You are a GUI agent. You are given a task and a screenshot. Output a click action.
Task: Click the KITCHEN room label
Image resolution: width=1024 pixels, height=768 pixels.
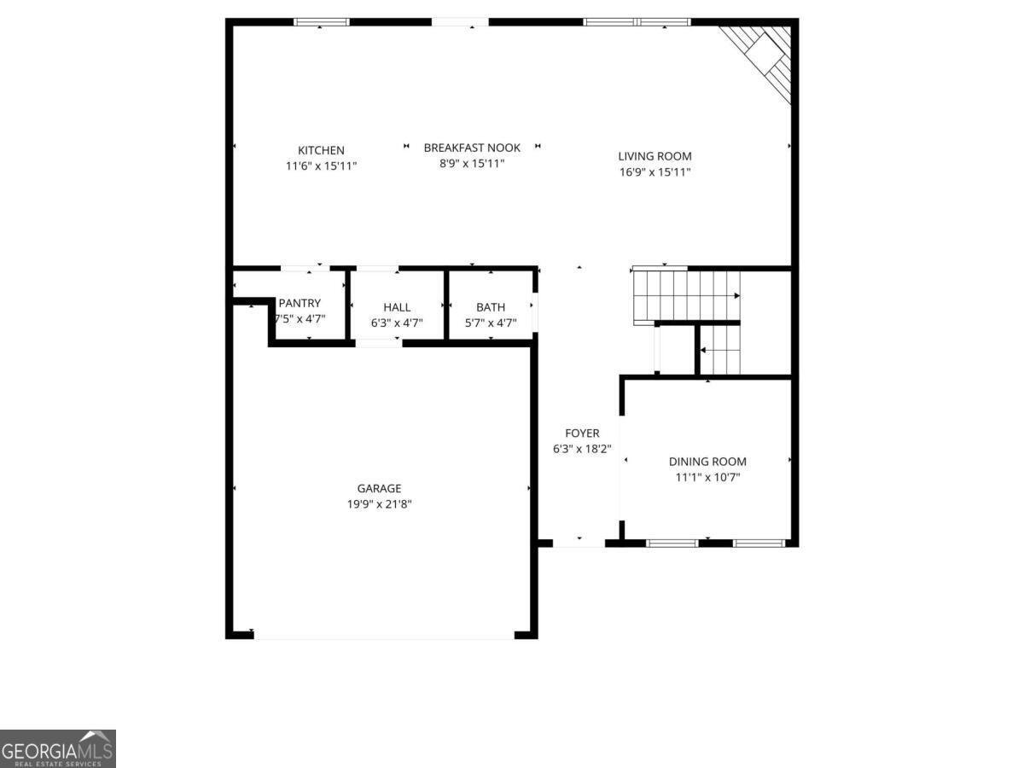(321, 150)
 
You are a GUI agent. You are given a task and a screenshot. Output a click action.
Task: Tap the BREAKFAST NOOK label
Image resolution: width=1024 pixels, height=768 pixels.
(472, 148)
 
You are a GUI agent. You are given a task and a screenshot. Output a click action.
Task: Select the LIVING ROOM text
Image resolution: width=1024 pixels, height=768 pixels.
(655, 156)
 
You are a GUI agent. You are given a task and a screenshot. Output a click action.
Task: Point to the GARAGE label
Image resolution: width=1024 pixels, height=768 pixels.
(379, 488)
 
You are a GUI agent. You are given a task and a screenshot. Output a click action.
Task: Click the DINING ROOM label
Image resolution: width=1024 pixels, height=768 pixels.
(707, 462)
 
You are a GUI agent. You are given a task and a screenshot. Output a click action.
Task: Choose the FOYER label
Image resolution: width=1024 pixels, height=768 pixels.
(582, 433)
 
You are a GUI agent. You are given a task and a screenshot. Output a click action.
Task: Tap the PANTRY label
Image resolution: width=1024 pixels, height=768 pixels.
(300, 303)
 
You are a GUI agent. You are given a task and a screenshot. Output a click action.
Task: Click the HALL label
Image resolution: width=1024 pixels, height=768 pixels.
(397, 307)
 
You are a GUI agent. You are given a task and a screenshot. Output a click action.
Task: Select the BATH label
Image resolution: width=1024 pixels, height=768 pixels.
(491, 307)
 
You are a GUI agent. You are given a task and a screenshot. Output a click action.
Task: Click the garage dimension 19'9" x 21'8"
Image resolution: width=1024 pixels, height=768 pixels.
(379, 504)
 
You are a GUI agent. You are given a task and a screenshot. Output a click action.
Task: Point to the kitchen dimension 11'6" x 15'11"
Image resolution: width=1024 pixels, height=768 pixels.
(321, 166)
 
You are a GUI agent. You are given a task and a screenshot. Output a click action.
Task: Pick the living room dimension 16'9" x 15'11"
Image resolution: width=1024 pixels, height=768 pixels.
(655, 172)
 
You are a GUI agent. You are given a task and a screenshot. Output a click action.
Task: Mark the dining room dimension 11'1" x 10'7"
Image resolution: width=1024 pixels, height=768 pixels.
(707, 478)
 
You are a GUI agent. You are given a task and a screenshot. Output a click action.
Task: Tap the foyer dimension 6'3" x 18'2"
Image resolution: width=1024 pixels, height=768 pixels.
(582, 450)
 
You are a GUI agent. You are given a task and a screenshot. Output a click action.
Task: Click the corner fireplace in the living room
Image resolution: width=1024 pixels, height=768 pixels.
(763, 55)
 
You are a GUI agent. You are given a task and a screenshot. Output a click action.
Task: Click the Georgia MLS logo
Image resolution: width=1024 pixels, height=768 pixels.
(57, 748)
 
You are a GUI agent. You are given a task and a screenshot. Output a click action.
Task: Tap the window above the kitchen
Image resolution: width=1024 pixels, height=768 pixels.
(321, 21)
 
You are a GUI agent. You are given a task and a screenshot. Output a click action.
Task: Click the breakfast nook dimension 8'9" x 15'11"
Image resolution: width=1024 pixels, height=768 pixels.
(472, 164)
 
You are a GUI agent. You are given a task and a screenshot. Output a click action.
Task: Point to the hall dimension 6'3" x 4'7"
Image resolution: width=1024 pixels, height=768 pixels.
(397, 323)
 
